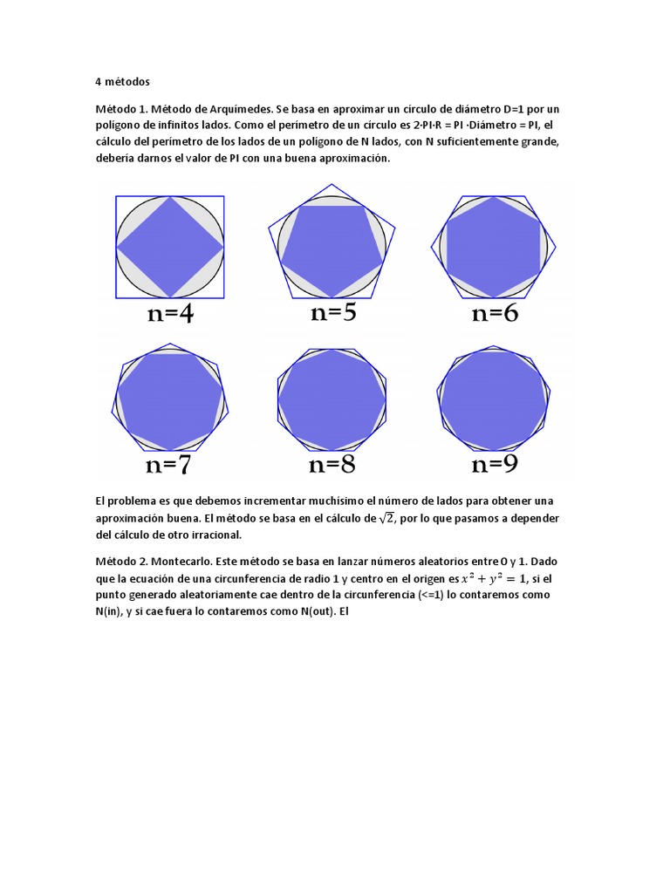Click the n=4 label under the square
click(x=170, y=315)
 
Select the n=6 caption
click(x=495, y=314)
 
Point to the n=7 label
click(x=168, y=465)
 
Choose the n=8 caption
click(x=332, y=465)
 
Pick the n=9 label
click(x=495, y=464)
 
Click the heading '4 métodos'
click(x=122, y=82)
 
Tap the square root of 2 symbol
click(x=386, y=517)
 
